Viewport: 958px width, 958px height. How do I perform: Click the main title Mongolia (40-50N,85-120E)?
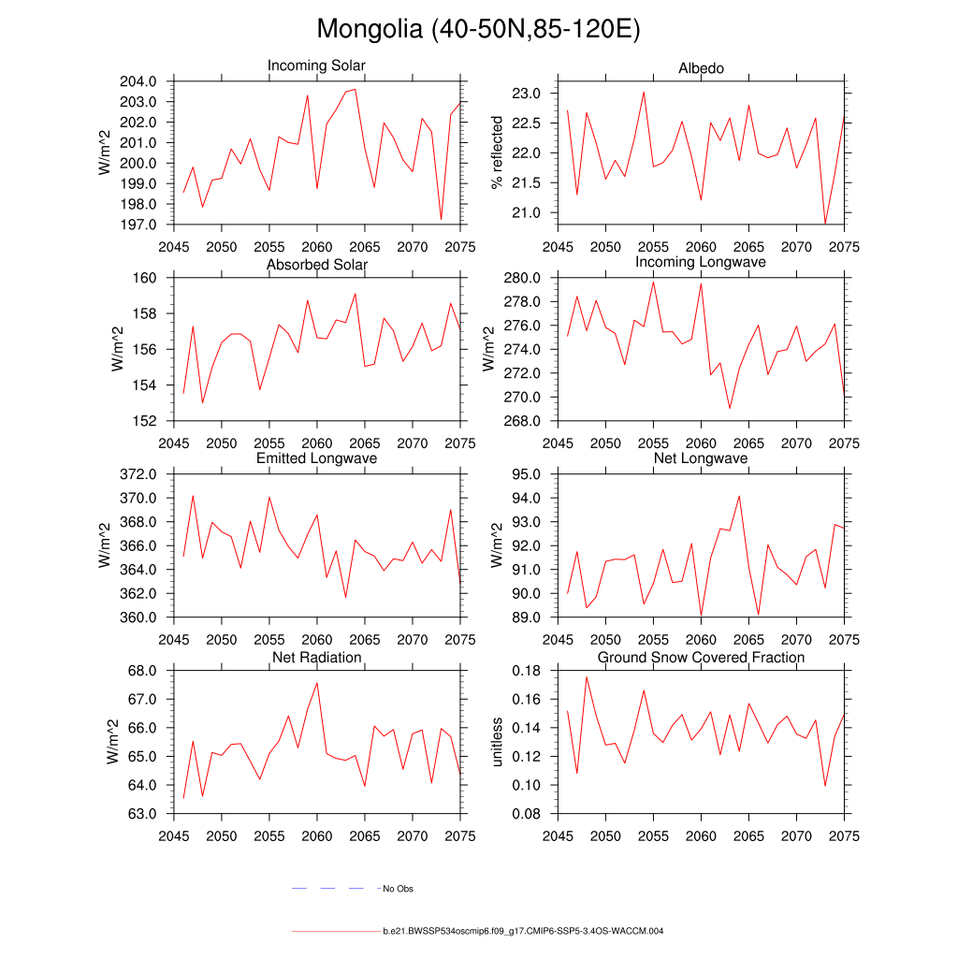[x=478, y=29]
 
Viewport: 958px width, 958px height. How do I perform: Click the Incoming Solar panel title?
[x=316, y=65]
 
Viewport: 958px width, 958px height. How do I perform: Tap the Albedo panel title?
[x=701, y=68]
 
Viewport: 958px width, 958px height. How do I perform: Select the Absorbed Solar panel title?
[x=316, y=265]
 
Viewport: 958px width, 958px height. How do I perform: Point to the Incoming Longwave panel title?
[x=701, y=262]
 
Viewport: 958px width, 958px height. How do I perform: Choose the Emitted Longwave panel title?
[x=316, y=458]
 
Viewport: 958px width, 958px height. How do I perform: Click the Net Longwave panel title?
[x=701, y=458]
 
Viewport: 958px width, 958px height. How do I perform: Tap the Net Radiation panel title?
[x=316, y=658]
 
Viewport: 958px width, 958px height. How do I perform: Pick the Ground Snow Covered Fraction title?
[x=701, y=658]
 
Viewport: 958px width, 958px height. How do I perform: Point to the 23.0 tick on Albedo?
[x=529, y=94]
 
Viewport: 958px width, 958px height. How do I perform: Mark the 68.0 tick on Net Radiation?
[x=141, y=671]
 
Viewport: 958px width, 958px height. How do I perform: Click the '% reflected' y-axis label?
[x=497, y=152]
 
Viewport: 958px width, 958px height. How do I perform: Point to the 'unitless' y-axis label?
[x=497, y=742]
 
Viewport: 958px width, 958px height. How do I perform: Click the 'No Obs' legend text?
[x=398, y=889]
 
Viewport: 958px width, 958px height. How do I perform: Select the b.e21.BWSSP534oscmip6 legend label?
[x=523, y=932]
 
